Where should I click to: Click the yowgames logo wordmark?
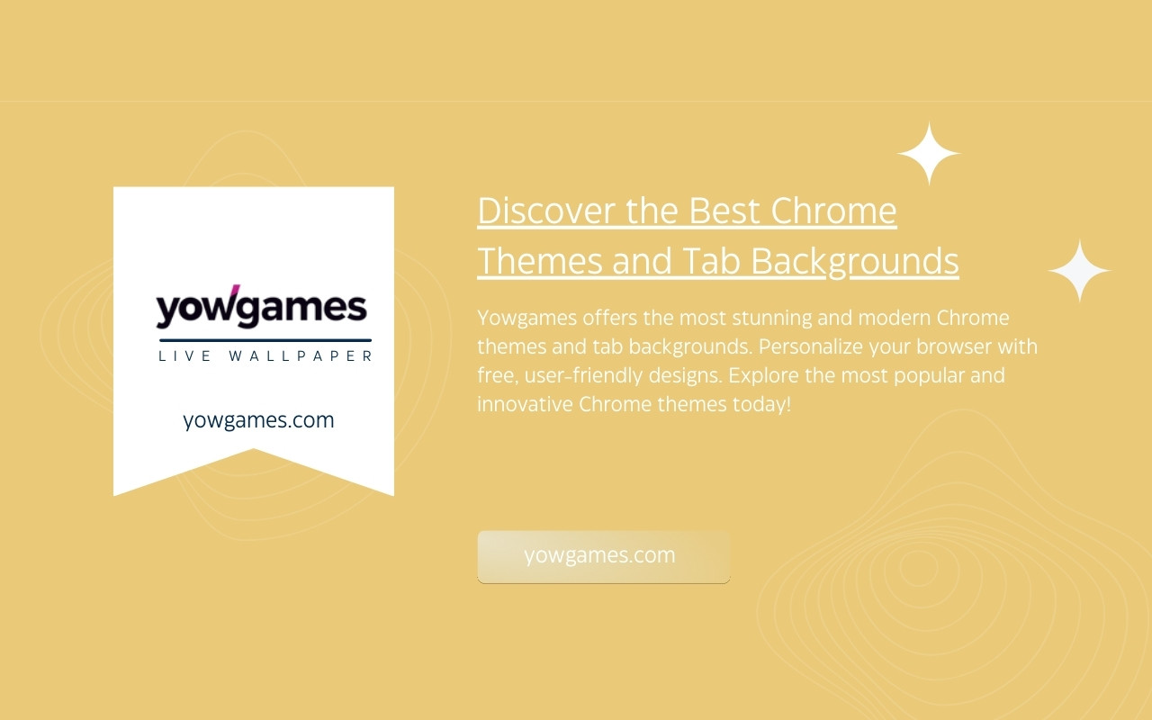pyautogui.click(x=261, y=307)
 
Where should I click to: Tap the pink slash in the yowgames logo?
pyautogui.click(x=235, y=290)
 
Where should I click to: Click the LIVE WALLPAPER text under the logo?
pyautogui.click(x=265, y=355)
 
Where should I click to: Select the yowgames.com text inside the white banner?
pyautogui.click(x=258, y=420)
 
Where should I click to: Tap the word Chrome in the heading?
pyautogui.click(x=833, y=211)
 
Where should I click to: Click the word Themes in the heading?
pyautogui.click(x=540, y=260)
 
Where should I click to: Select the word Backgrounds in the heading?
pyautogui.click(x=855, y=262)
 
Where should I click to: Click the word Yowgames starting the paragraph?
pyautogui.click(x=527, y=319)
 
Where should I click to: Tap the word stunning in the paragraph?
pyautogui.click(x=772, y=319)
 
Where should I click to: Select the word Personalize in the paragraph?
pyautogui.click(x=811, y=346)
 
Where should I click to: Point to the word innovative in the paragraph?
pyautogui.click(x=525, y=404)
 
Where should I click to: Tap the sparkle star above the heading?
pyautogui.click(x=929, y=153)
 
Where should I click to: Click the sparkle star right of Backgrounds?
pyautogui.click(x=1079, y=271)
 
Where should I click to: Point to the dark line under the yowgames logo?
pyautogui.click(x=265, y=340)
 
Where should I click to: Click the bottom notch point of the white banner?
pyautogui.click(x=254, y=448)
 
